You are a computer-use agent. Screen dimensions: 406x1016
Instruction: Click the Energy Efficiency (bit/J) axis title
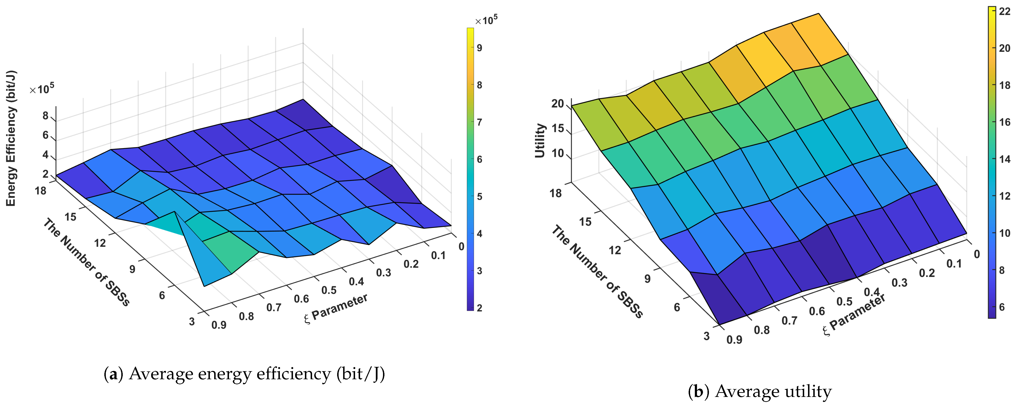tap(11, 138)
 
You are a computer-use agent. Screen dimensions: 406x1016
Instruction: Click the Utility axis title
tap(540, 141)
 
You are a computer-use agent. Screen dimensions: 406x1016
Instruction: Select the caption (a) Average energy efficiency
tap(244, 374)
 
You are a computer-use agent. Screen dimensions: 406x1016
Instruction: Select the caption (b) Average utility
tap(760, 391)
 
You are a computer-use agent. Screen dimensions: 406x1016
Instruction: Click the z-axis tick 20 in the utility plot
tap(558, 104)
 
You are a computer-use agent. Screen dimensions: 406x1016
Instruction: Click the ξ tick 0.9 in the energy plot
tap(219, 325)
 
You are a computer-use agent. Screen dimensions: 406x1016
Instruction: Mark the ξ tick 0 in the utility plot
tap(977, 254)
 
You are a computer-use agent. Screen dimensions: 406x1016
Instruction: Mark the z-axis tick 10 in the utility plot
tap(558, 153)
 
